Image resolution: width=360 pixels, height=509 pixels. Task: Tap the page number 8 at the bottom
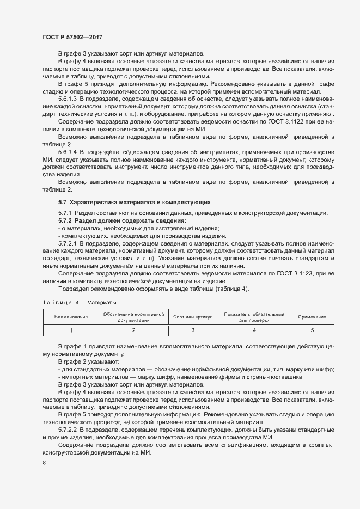pyautogui.click(x=44, y=463)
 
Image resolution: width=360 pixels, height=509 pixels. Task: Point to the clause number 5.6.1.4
pyautogui.click(x=70, y=150)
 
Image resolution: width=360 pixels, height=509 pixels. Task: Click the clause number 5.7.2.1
pyautogui.click(x=70, y=244)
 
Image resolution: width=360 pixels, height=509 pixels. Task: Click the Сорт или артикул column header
pyautogui.click(x=192, y=317)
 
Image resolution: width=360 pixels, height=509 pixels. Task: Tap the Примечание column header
pyautogui.click(x=312, y=317)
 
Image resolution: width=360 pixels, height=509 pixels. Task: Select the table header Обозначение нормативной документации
pyautogui.click(x=133, y=317)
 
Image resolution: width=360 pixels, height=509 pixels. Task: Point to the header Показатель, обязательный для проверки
pyautogui.click(x=254, y=317)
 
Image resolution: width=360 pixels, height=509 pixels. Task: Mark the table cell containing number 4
pyautogui.click(x=254, y=330)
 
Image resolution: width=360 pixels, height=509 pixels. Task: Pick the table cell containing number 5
pyautogui.click(x=312, y=330)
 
